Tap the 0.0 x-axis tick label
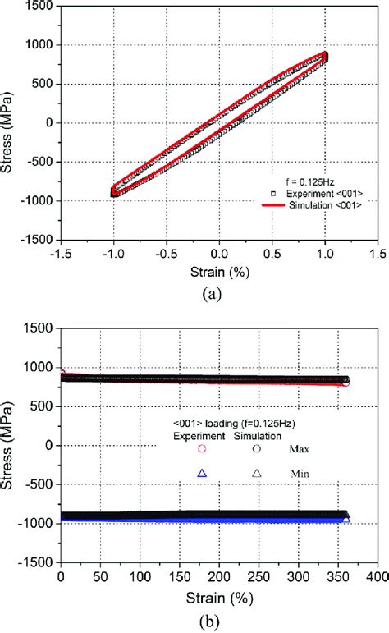[x=219, y=255]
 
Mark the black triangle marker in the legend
[x=256, y=473]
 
